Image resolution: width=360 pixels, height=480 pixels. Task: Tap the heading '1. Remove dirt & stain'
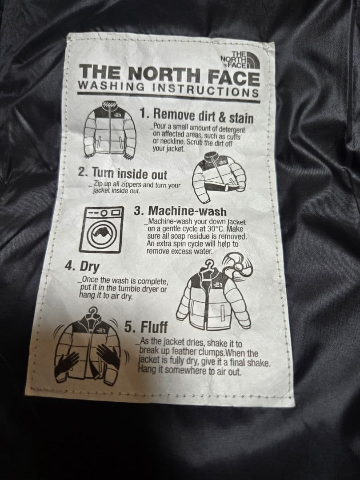pyautogui.click(x=196, y=116)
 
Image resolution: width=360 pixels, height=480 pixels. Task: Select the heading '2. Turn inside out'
pyautogui.click(x=123, y=173)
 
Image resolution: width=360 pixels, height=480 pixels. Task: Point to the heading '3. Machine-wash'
pyautogui.click(x=180, y=211)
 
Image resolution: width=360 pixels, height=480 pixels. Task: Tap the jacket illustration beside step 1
pyautogui.click(x=110, y=130)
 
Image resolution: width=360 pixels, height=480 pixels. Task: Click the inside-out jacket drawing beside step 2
pyautogui.click(x=220, y=175)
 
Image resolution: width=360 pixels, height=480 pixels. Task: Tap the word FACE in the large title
pyautogui.click(x=234, y=76)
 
